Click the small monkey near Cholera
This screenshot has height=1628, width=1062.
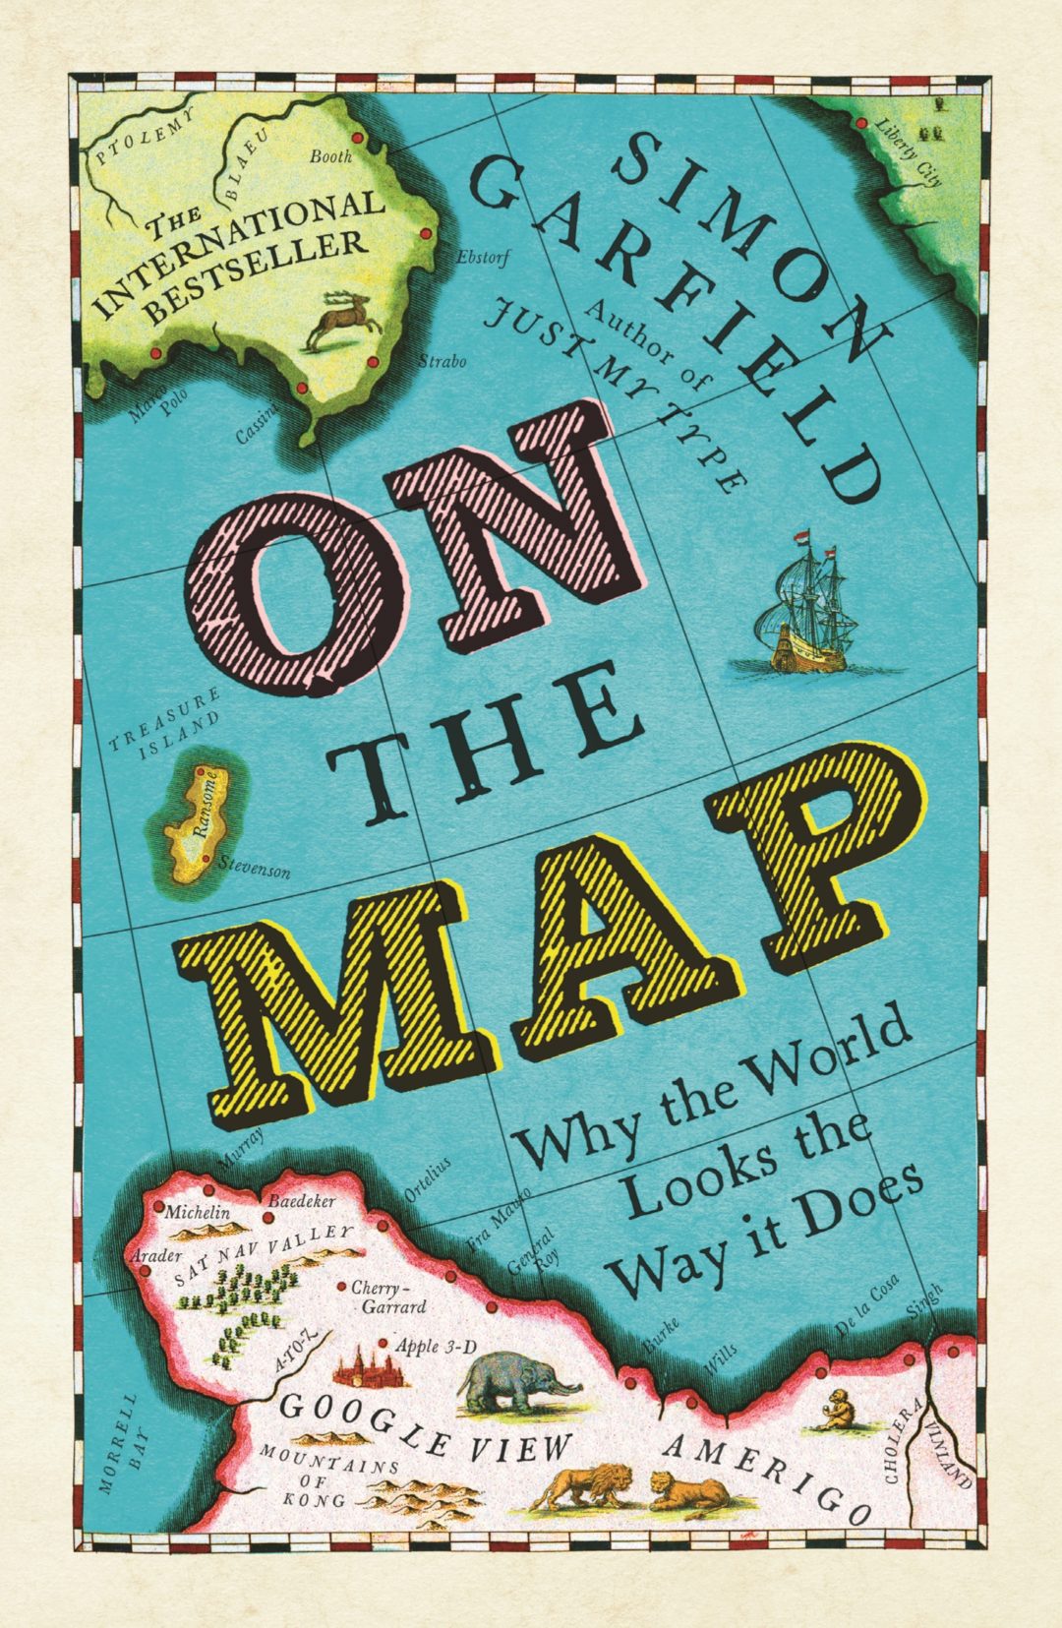point(839,1412)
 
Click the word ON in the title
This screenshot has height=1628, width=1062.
point(413,551)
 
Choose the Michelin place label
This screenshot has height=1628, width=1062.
point(197,1212)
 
